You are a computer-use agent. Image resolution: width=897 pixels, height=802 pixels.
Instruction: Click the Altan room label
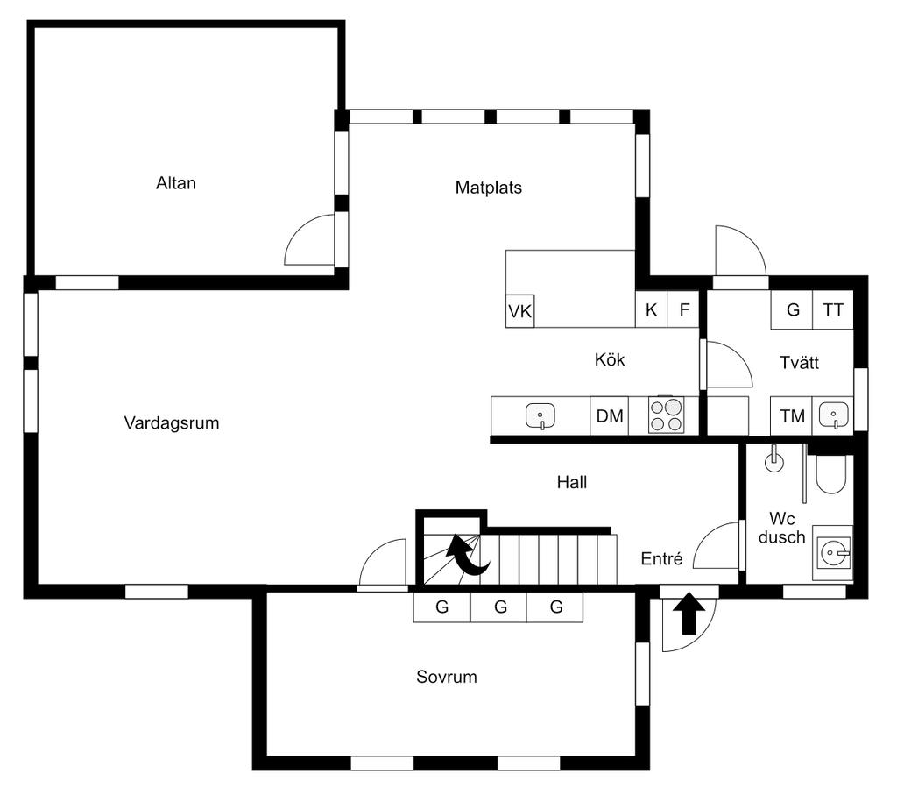pos(176,183)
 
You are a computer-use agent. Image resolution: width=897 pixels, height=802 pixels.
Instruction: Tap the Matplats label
pos(489,188)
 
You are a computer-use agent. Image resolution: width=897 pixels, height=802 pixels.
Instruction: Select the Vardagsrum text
pos(172,423)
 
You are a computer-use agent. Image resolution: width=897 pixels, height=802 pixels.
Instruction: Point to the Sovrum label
pos(447,677)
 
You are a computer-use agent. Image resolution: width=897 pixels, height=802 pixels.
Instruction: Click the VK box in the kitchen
pos(520,311)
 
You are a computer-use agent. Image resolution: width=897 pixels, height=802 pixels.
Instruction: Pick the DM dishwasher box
pos(610,416)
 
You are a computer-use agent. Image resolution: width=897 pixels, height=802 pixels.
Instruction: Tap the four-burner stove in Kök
pos(666,415)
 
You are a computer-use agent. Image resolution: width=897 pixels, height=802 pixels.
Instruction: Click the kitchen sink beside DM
pos(540,415)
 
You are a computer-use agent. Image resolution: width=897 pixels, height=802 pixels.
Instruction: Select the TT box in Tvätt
pos(833,309)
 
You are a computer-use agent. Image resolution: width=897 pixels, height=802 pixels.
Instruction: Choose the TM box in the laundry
pos(792,415)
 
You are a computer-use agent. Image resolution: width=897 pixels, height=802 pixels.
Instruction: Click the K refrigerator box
pos(651,309)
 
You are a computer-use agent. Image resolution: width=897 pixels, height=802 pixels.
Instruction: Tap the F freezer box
pos(683,309)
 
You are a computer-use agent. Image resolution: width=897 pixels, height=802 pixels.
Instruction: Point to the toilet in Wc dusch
pos(830,474)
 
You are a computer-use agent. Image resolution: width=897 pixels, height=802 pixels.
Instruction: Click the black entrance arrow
pos(689,614)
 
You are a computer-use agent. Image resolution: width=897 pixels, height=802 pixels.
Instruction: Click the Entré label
pos(662,558)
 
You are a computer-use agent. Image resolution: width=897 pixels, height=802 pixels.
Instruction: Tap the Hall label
pos(572,483)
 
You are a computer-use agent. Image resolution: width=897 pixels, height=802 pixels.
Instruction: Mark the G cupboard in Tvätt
pos(792,309)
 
